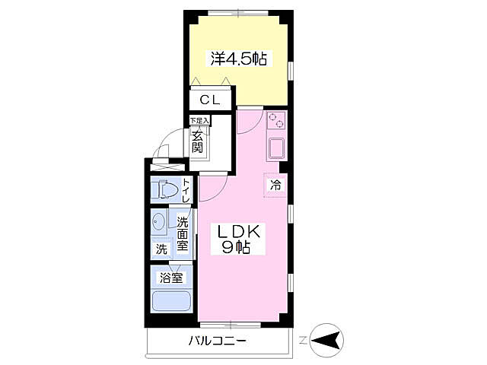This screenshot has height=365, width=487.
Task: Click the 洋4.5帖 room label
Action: [238, 59]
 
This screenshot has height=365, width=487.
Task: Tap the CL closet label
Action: [211, 100]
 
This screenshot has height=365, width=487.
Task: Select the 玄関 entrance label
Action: [198, 142]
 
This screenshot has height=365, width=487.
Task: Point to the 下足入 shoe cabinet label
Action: [199, 120]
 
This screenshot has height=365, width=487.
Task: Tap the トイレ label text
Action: [185, 189]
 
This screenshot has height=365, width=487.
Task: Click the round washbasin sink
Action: [158, 223]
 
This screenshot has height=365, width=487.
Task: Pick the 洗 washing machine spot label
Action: [161, 249]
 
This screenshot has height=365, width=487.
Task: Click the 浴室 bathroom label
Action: [171, 278]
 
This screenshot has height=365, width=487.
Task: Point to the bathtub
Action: [171, 300]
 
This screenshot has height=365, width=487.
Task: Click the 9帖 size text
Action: [237, 246]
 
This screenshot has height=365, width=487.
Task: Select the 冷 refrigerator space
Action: [275, 184]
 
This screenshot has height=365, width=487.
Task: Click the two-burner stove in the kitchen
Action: [275, 120]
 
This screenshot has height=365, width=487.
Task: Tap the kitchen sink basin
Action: [275, 148]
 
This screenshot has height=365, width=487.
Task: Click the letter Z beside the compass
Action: [302, 339]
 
